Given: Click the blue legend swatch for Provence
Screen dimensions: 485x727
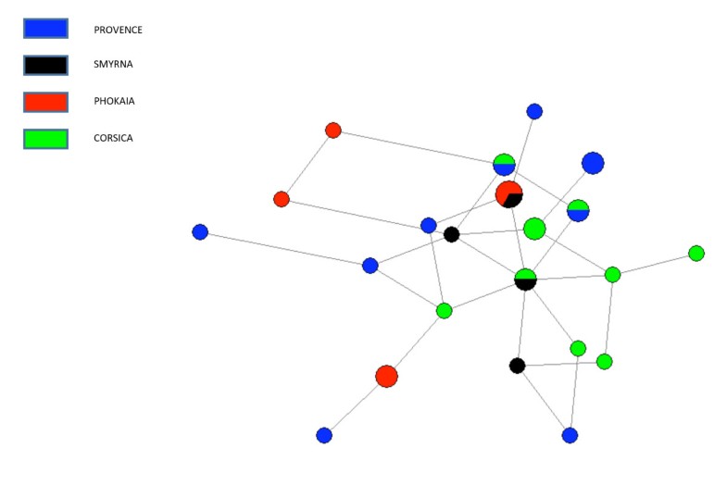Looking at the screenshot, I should click(45, 29).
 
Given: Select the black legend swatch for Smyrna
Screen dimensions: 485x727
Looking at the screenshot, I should click(45, 65).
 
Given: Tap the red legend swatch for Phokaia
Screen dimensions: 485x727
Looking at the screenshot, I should click(45, 102).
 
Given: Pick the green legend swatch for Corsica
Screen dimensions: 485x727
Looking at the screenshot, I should click(45, 139).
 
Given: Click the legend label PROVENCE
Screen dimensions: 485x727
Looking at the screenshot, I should click(118, 30).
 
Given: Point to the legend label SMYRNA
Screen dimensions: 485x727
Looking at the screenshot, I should click(113, 65).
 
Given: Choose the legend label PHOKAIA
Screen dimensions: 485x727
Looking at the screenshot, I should click(114, 102).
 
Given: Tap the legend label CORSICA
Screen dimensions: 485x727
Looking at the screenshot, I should click(114, 139).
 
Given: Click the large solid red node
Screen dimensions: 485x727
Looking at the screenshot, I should click(386, 376).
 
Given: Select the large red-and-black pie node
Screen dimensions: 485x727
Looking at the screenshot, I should click(508, 194).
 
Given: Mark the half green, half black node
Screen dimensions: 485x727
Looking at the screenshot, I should click(525, 280).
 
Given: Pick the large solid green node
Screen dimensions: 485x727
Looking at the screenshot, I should click(534, 228).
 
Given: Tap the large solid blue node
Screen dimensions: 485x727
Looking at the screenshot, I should click(593, 163).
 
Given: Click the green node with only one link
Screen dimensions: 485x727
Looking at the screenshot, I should click(696, 253).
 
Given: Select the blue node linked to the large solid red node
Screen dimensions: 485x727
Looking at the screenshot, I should click(323, 435).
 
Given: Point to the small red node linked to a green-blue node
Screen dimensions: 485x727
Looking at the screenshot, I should click(333, 130).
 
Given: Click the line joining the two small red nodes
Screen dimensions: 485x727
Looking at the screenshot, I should click(307, 165).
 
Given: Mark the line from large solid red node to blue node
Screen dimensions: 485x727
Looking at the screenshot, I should click(355, 405).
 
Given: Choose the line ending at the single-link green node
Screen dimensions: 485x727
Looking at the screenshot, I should click(654, 264).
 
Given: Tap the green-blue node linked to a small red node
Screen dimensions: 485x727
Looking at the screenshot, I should click(504, 165).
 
